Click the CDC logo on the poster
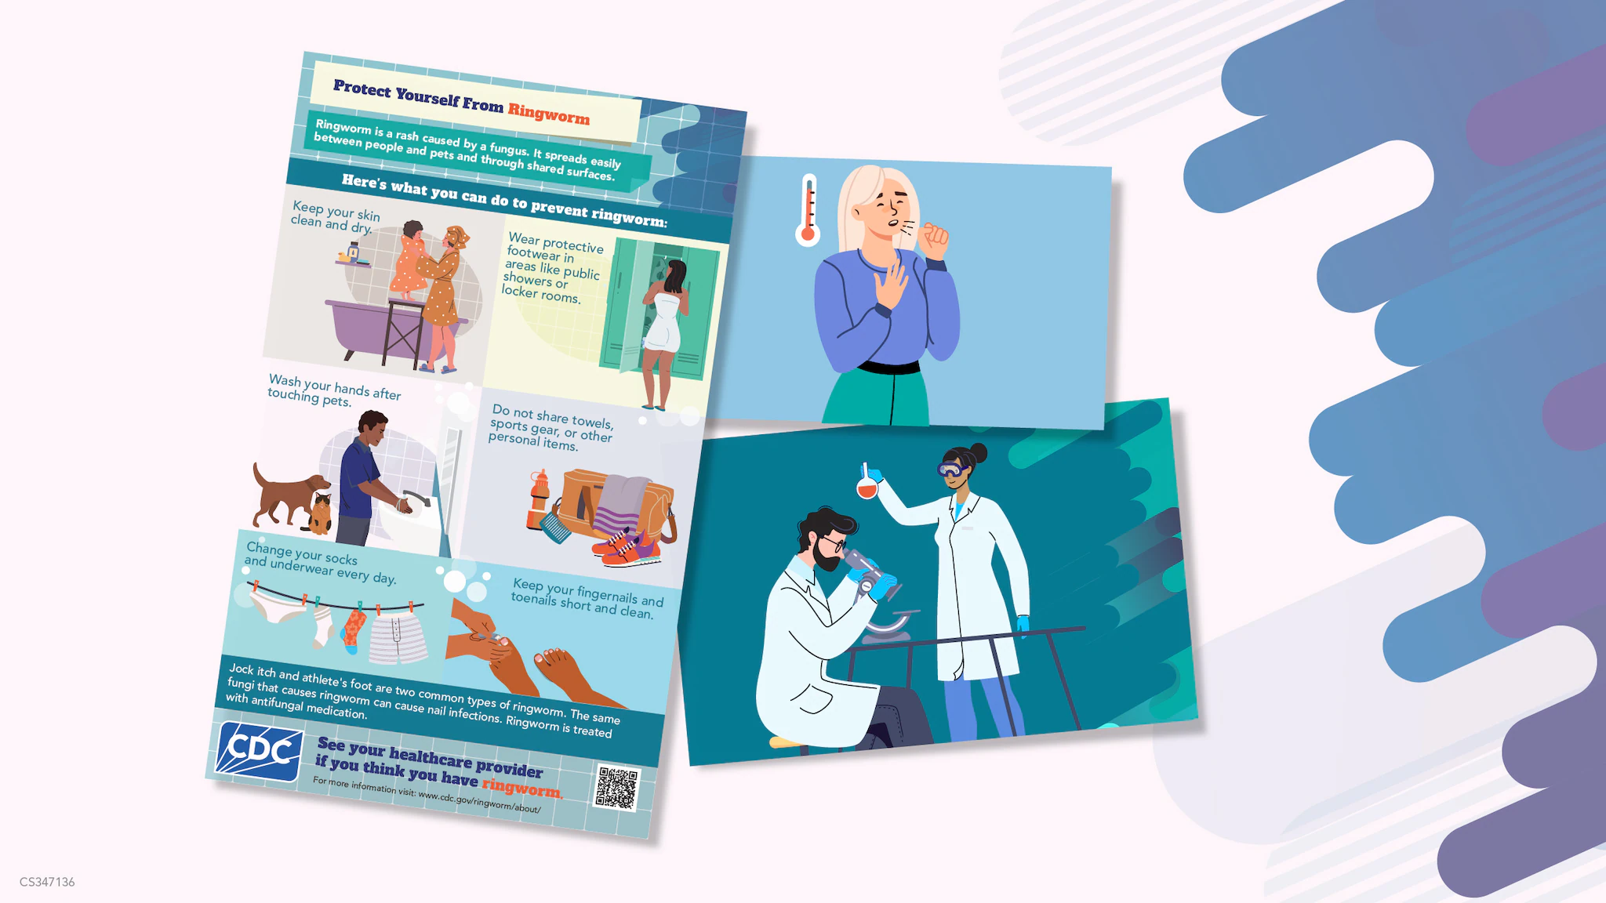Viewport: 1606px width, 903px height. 260,751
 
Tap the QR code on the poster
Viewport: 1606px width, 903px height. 617,788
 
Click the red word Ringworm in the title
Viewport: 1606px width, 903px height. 548,114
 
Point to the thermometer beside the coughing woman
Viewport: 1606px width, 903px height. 808,210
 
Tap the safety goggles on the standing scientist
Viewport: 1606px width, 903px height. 950,470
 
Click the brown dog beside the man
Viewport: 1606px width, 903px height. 287,494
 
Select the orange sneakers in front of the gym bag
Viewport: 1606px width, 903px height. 627,549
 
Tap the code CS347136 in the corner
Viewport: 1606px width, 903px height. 47,882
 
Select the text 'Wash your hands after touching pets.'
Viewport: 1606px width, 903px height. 334,390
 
